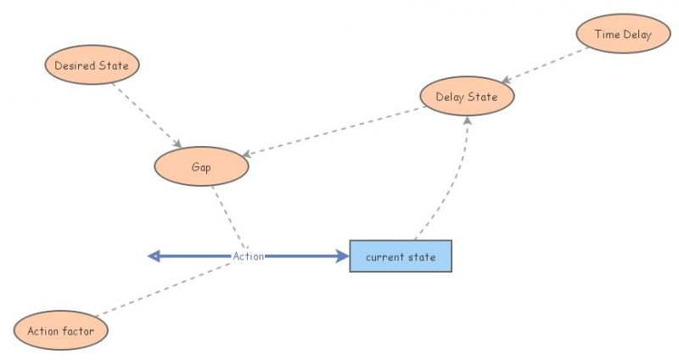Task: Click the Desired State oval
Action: click(91, 65)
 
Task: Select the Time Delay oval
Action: click(623, 34)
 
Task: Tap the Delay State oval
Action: click(467, 97)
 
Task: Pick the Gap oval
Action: click(201, 167)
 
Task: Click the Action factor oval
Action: click(61, 330)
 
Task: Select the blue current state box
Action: click(401, 256)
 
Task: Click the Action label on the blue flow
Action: click(249, 256)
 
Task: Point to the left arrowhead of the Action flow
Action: click(154, 256)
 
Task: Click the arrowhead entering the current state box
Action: click(342, 256)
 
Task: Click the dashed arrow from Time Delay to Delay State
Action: click(543, 65)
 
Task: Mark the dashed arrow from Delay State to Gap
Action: click(339, 132)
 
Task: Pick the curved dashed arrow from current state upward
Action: click(454, 183)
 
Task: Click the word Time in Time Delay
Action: click(608, 34)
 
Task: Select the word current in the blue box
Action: click(384, 256)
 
